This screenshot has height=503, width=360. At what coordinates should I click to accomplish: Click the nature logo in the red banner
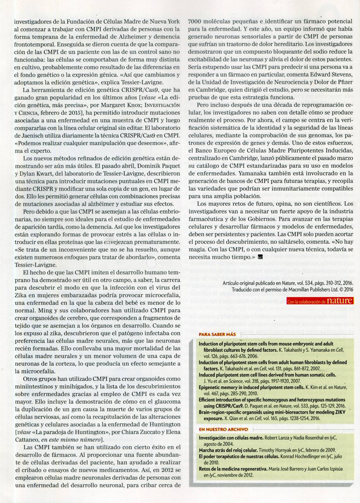(339, 301)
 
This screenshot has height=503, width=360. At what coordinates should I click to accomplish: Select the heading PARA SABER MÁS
(217, 334)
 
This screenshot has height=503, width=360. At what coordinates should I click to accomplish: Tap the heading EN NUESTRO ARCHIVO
(223, 429)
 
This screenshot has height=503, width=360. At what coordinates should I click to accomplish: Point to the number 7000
(196, 21)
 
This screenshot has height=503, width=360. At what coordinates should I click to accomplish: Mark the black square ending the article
(260, 257)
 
